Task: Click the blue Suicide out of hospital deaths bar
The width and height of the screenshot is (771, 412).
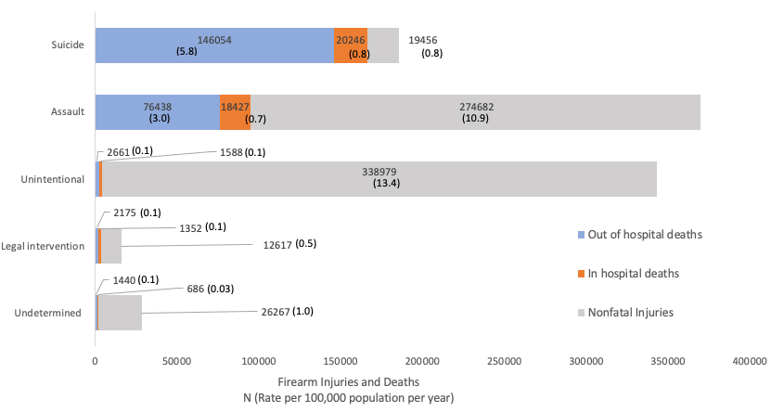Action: tap(214, 45)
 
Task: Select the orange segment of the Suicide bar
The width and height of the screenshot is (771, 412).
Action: tap(351, 45)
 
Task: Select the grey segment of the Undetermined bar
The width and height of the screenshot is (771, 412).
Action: tap(121, 313)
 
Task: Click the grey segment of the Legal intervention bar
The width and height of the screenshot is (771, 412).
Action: tap(111, 246)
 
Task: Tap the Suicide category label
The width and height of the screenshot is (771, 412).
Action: tap(69, 45)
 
